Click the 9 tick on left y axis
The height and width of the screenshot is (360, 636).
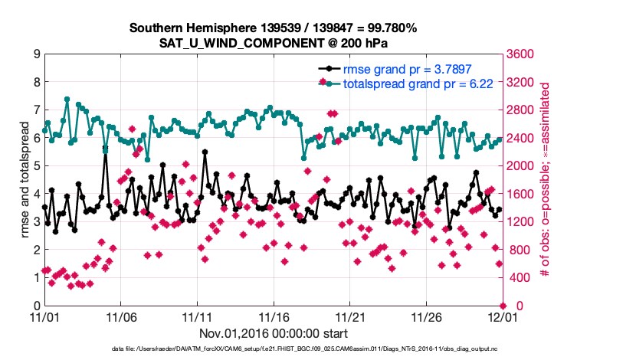[x=36, y=54]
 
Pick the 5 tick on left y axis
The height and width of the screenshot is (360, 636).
[x=36, y=166]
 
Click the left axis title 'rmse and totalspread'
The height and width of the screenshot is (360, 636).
[x=25, y=180]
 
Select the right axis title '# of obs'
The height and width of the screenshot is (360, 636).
[x=546, y=180]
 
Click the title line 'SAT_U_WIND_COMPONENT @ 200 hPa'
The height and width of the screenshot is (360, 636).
[x=274, y=43]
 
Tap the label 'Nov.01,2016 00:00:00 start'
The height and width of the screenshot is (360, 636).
[x=274, y=333]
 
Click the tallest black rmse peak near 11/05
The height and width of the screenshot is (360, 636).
[x=106, y=147]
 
